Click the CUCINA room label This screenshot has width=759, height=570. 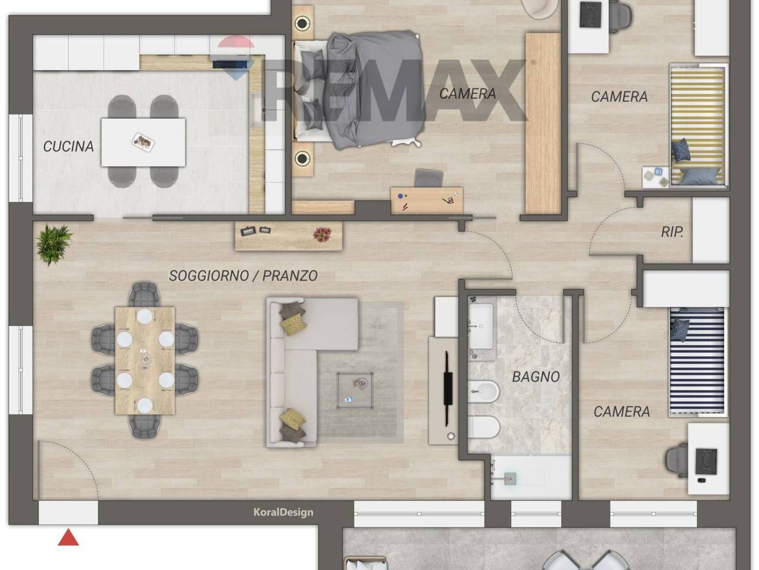pos(68,147)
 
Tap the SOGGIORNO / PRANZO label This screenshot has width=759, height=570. pos(243,276)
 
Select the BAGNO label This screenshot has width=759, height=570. pos(535,377)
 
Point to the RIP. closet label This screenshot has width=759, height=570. pos(672,232)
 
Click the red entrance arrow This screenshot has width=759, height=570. pos(68,537)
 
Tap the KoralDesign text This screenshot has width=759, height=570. pos(283,512)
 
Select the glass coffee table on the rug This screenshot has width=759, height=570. pos(355,390)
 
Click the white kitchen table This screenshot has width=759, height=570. pos(143,142)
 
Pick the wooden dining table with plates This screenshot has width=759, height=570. pos(145,360)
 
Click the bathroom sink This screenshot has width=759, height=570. pos(480,327)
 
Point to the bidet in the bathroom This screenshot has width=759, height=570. pos(484,392)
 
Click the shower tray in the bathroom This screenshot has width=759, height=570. pos(531,477)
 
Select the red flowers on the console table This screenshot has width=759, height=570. pos(322,235)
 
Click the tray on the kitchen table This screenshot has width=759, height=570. pos(143,142)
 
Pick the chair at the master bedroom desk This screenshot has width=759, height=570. pos(429,178)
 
